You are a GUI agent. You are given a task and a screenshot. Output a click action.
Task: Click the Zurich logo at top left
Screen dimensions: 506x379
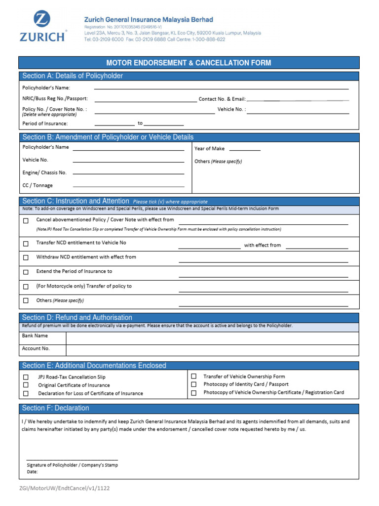42,27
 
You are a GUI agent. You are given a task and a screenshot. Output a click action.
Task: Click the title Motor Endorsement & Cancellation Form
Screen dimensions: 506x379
189,63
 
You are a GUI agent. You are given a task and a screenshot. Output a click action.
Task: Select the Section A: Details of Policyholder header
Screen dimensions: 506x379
73,76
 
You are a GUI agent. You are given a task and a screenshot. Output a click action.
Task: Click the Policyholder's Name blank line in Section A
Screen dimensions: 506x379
221,88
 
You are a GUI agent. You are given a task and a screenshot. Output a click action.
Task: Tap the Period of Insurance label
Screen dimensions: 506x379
45,124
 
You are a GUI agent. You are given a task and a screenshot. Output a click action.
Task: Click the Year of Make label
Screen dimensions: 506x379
209,148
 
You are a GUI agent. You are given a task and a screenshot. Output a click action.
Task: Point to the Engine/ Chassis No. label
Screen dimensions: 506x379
44,173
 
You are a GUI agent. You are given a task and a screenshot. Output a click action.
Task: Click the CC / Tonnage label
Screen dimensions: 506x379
38,185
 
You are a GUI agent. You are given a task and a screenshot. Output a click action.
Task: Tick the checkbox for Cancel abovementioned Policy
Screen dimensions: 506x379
26,220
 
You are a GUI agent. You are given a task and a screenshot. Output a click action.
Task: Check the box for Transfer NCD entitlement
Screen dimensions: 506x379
26,244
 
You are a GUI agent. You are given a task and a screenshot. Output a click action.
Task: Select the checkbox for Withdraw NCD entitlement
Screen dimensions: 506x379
26,257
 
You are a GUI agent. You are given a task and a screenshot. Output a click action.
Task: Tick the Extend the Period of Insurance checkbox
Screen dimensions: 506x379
26,272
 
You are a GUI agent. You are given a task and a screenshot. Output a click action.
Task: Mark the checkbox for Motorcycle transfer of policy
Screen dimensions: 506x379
26,287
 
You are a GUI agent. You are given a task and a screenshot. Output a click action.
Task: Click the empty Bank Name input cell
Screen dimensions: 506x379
212,338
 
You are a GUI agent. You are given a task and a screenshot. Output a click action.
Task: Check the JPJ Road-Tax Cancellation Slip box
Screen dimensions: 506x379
26,377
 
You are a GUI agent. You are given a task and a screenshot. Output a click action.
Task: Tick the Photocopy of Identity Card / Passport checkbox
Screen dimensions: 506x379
193,384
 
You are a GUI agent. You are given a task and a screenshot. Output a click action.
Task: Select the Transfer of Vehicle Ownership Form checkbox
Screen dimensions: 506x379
193,377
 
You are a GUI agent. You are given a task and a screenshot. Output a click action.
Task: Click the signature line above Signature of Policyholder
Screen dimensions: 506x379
72,460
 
